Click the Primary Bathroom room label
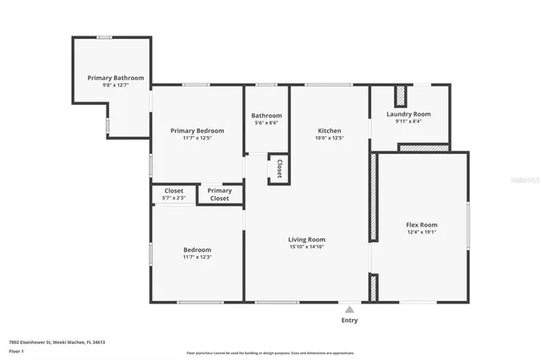click(116, 78)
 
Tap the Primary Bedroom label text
click(197, 130)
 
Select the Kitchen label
click(329, 130)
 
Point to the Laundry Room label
click(408, 114)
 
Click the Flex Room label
click(422, 224)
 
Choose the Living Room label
click(306, 240)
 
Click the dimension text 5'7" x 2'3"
click(173, 198)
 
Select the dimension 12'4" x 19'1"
click(422, 232)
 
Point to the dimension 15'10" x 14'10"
click(306, 248)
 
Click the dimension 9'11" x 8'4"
click(408, 122)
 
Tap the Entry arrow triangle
click(349, 307)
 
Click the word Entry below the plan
click(349, 320)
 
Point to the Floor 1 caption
click(16, 351)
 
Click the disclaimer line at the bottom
click(270, 353)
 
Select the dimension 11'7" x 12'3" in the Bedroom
click(197, 257)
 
